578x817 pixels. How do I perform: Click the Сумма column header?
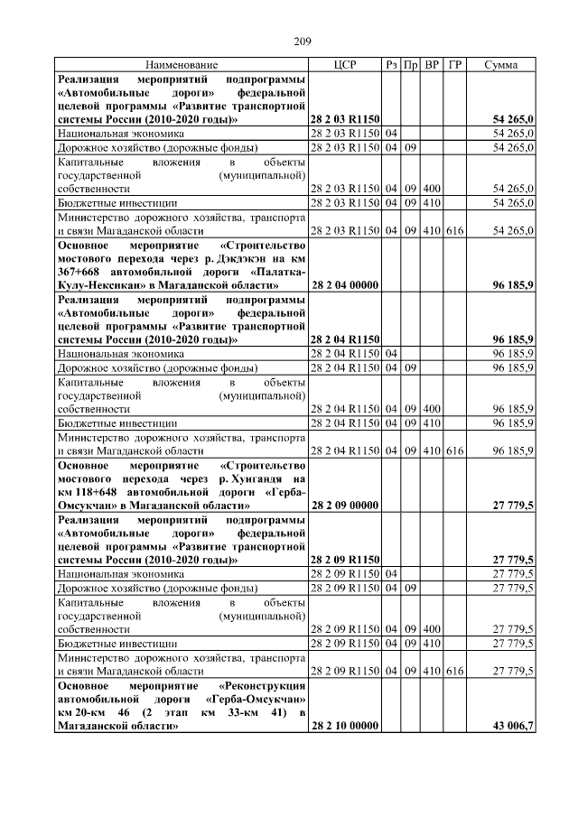coord(500,66)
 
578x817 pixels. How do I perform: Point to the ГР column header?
coord(455,66)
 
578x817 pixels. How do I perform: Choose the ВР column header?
coord(433,66)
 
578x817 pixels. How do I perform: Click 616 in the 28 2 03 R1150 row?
coord(454,231)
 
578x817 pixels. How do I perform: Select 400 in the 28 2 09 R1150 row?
coord(433,628)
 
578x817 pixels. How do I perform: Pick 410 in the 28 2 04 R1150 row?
coord(433,422)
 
